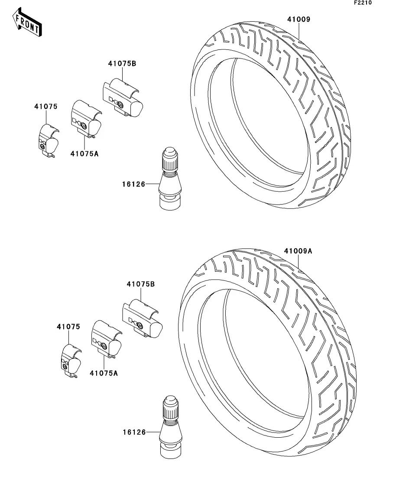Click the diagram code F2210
(x=363, y=3)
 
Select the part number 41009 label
(x=299, y=20)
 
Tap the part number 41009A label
(x=298, y=251)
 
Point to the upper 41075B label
(x=122, y=64)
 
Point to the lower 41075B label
(x=141, y=284)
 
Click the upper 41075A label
(x=84, y=154)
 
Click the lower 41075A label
(x=104, y=373)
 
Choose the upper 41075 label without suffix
(x=46, y=107)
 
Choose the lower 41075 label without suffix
(x=68, y=327)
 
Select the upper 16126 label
(x=133, y=184)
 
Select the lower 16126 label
(x=134, y=432)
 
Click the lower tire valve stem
(x=171, y=427)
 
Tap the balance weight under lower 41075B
(x=143, y=319)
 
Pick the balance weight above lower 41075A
(x=107, y=339)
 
